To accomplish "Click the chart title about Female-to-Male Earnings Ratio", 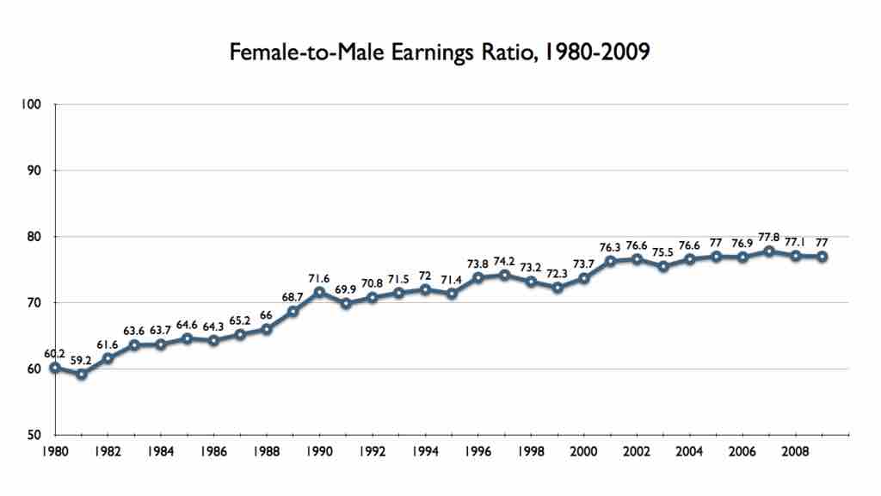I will (x=440, y=53).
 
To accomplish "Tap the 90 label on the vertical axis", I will (x=35, y=170).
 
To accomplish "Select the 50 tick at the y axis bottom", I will (x=35, y=435).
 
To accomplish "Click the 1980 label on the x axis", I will (x=55, y=450).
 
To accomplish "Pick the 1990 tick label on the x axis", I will (x=319, y=450).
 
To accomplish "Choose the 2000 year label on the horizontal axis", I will (x=584, y=450).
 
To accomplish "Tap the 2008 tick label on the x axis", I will (x=796, y=450).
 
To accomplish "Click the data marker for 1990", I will (x=319, y=292).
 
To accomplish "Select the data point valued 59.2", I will (x=82, y=374).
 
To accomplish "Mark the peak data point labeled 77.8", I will (x=769, y=251).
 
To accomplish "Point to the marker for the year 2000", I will (x=584, y=278).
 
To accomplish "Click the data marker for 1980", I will (x=55, y=368).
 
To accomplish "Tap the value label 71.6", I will (x=319, y=279).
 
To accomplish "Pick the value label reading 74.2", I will (x=505, y=262).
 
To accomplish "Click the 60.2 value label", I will (x=55, y=353).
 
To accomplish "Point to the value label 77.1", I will (x=796, y=243).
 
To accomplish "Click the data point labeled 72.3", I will (x=558, y=288).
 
